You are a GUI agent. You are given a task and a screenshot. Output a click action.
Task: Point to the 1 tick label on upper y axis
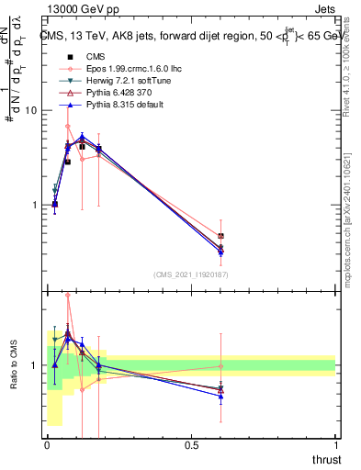(x=34, y=205)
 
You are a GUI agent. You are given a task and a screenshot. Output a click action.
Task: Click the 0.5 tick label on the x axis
(x=191, y=445)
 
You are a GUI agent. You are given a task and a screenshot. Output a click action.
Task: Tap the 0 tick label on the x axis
(x=47, y=445)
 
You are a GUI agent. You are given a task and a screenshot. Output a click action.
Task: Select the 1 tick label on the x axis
(x=335, y=445)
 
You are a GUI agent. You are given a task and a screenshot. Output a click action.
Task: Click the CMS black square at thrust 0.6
(x=220, y=236)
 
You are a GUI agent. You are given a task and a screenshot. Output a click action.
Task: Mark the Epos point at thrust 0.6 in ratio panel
(x=220, y=365)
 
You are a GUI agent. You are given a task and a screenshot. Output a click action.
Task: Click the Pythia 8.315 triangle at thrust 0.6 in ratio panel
(x=220, y=396)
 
